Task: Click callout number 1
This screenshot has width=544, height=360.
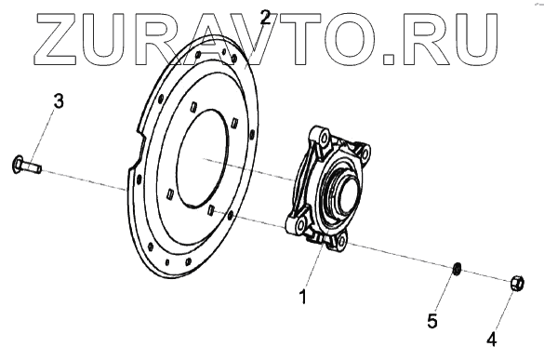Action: pos(303,297)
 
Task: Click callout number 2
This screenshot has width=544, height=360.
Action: pos(265,17)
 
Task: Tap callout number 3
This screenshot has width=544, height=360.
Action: pos(59,101)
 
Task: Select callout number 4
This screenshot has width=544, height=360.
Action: pos(492,339)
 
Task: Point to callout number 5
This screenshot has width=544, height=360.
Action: pos(431,321)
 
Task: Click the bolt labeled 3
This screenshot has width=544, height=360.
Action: pos(26,165)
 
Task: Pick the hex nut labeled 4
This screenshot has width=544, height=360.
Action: pos(517,284)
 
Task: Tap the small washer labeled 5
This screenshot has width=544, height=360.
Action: pos(458,268)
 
